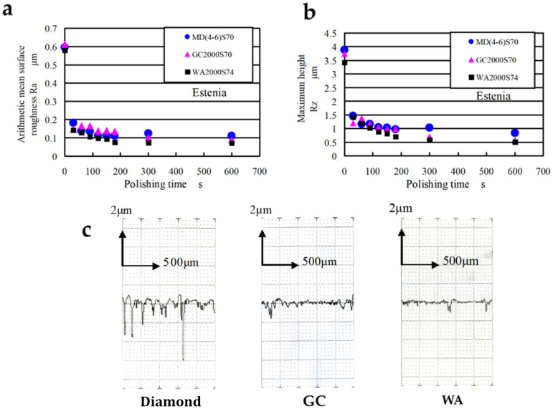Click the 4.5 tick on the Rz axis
point(331,33)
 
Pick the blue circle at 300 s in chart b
point(429,127)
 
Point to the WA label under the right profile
point(447,392)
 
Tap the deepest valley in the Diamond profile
point(184,358)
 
